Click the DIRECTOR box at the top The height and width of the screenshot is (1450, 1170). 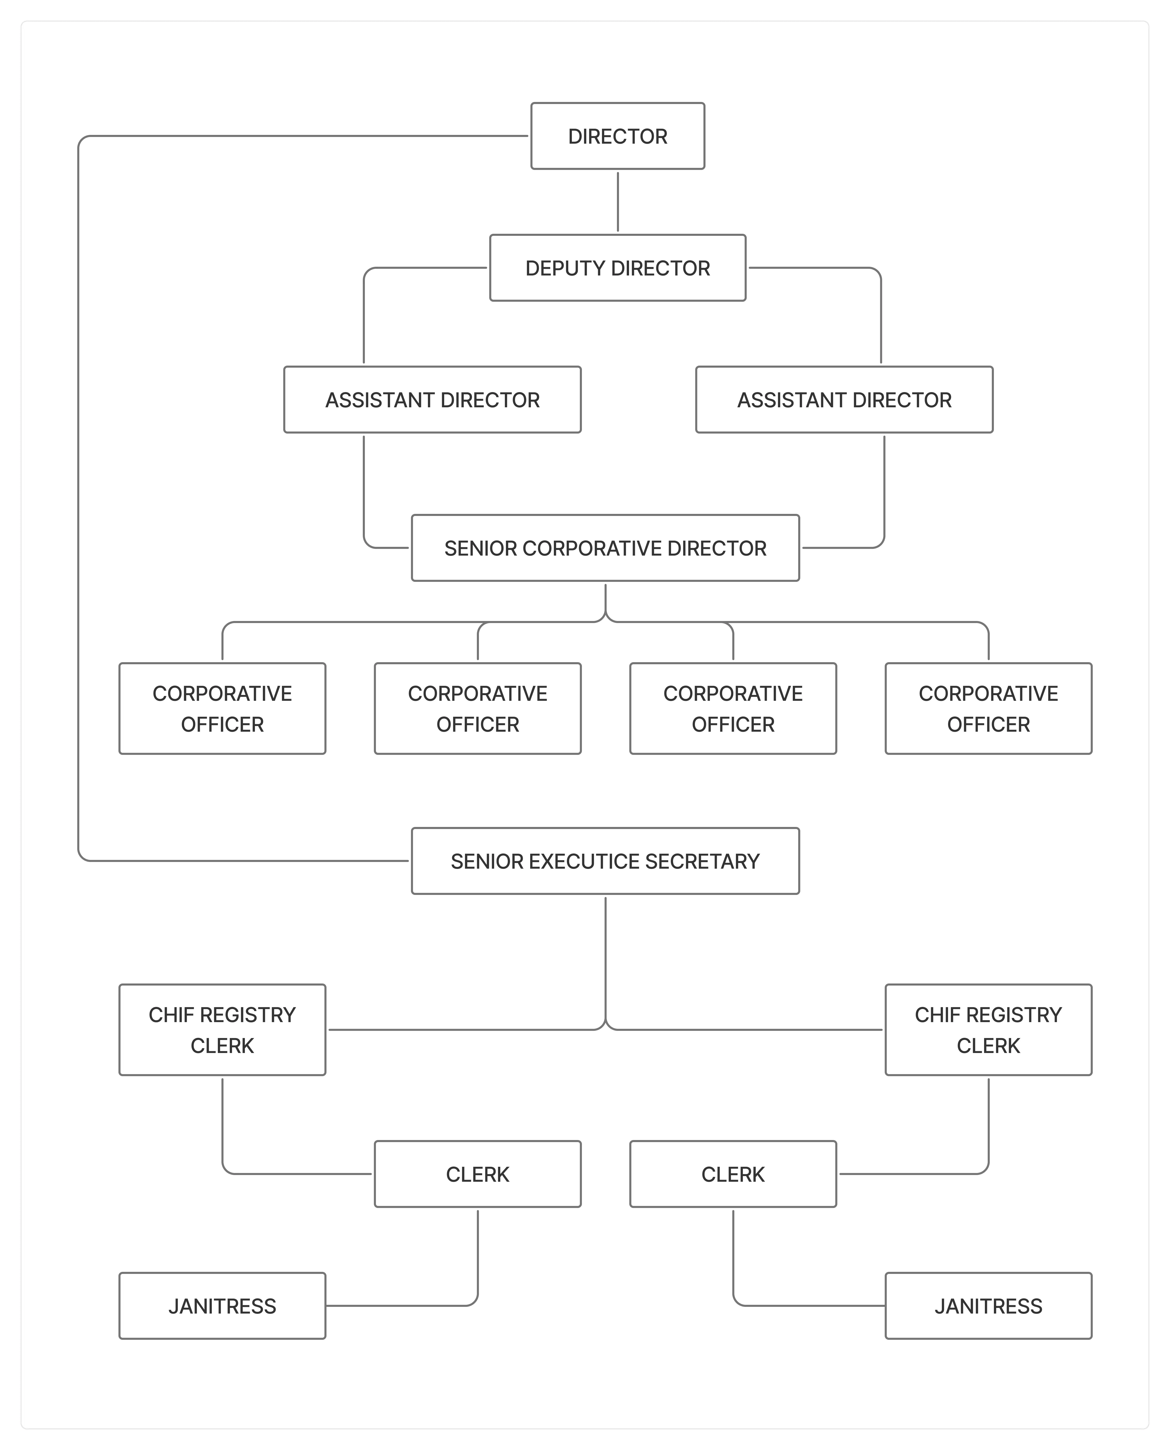[617, 136]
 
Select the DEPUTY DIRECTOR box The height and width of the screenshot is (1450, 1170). [617, 268]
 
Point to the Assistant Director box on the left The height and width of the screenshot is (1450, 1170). [432, 400]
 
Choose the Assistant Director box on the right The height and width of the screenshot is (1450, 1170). [844, 400]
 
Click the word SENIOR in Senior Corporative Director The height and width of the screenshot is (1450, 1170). [480, 548]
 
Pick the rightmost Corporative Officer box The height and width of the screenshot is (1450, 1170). [988, 708]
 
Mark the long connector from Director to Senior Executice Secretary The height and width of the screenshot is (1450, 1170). [79, 499]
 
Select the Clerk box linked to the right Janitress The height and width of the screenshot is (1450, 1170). [733, 1175]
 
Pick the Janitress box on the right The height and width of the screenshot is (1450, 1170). [988, 1306]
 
